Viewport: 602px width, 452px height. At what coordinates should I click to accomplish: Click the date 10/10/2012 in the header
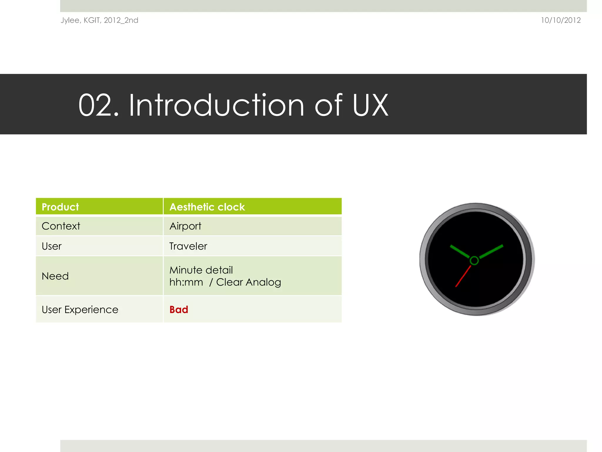tap(561, 20)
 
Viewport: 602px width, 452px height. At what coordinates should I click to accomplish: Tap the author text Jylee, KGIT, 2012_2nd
tap(99, 20)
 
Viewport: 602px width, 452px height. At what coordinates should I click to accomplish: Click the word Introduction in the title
tap(216, 105)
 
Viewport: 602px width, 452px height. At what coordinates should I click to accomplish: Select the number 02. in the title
tap(98, 105)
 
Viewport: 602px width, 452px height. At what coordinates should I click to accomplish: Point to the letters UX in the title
tap(370, 105)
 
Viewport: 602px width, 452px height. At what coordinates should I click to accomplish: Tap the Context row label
tap(61, 226)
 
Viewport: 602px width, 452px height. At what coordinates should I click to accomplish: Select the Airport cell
tap(185, 226)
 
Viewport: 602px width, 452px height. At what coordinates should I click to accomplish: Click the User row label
tap(52, 246)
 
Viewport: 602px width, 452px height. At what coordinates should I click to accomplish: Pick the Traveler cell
tap(188, 246)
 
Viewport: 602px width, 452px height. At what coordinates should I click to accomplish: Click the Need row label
tap(55, 276)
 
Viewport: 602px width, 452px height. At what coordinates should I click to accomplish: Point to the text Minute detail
tap(201, 270)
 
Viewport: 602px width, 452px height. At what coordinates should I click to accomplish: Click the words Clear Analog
tap(248, 282)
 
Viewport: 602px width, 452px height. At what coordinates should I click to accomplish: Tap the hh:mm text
tap(186, 282)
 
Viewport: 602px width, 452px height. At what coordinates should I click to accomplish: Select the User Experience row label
tap(80, 310)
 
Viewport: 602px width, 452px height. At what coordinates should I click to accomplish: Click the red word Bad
tap(179, 310)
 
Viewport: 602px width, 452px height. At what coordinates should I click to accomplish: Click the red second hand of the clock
tap(463, 276)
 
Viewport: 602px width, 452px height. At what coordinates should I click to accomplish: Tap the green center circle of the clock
tap(474, 260)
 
